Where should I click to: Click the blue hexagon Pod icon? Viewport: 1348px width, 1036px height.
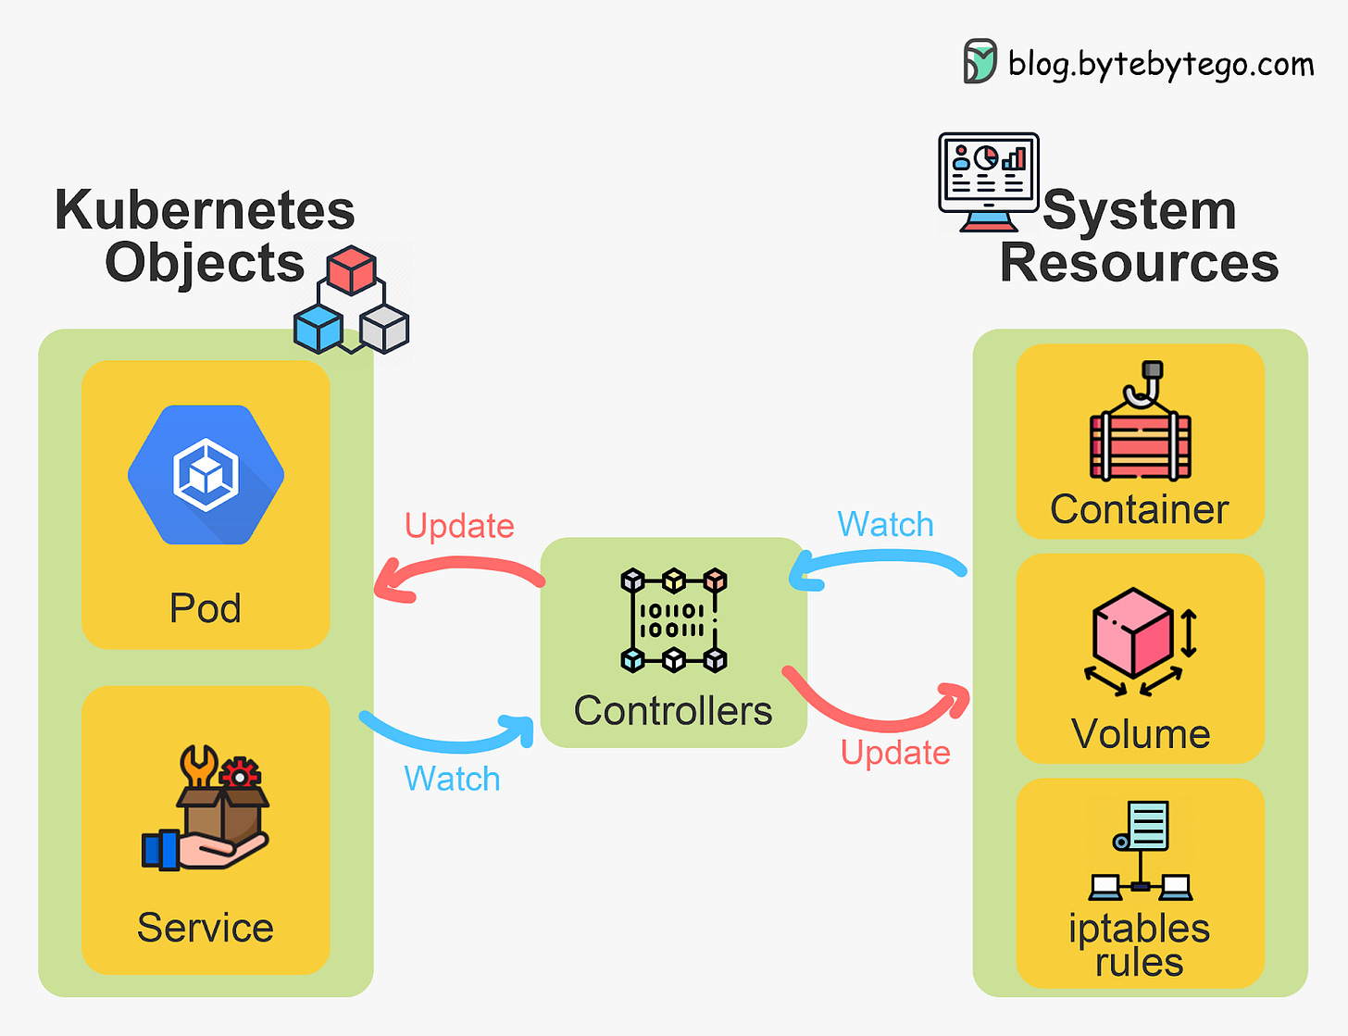(x=206, y=474)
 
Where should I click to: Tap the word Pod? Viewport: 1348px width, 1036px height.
(x=206, y=608)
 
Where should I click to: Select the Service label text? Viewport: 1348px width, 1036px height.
(x=206, y=928)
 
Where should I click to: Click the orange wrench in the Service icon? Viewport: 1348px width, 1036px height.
(x=198, y=765)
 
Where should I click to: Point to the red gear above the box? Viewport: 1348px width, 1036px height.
(x=241, y=772)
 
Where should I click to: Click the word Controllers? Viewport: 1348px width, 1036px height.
(x=673, y=711)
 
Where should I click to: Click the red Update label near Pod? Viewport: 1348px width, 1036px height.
(x=459, y=526)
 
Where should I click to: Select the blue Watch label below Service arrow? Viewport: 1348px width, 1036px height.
(x=452, y=779)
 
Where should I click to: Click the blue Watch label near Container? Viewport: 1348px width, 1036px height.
(x=885, y=524)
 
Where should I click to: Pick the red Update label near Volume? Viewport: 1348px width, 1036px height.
(x=895, y=753)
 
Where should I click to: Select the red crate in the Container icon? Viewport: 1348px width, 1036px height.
(x=1140, y=445)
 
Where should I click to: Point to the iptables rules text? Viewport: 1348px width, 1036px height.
(x=1139, y=944)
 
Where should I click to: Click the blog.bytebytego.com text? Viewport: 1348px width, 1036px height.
(x=1161, y=64)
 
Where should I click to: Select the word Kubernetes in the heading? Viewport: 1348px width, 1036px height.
(x=205, y=210)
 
